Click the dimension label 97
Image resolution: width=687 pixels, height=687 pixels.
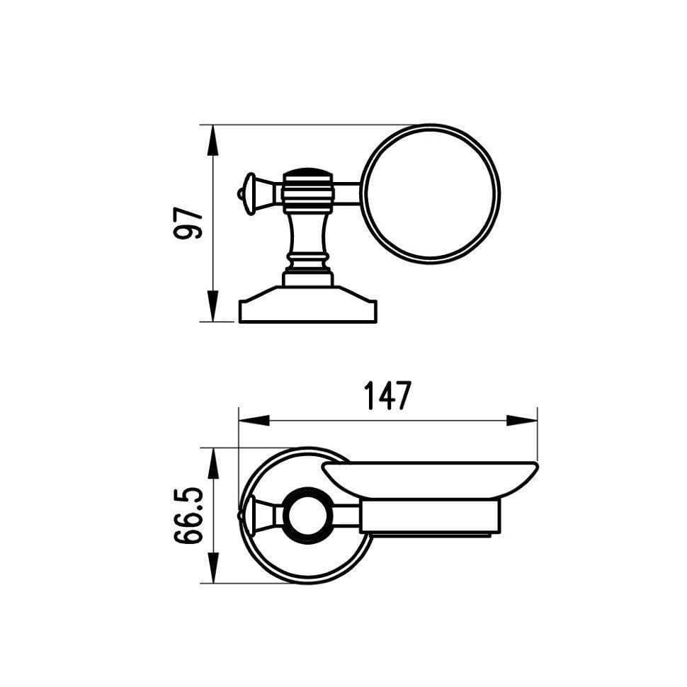[x=188, y=223]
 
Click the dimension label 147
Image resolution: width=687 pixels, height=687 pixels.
[x=388, y=395]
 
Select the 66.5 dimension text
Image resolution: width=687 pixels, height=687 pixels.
[x=189, y=516]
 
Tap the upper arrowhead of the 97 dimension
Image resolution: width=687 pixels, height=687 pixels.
[x=212, y=140]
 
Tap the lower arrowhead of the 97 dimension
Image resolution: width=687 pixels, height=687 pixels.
[x=212, y=306]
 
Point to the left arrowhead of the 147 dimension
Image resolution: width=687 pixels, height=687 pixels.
[x=254, y=421]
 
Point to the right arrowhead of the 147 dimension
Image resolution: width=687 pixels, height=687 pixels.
[x=522, y=421]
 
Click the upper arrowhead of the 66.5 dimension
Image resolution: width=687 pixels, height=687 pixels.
[x=213, y=463]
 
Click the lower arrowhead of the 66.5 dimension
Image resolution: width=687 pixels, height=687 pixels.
[x=213, y=568]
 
